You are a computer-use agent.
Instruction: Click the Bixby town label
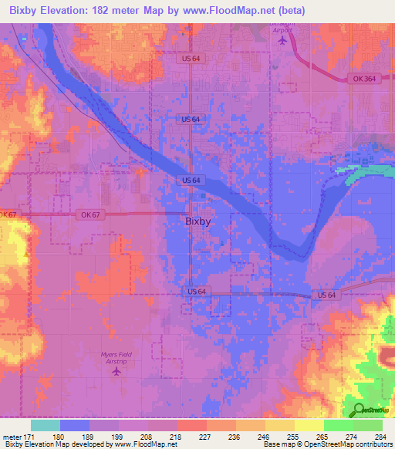tap(198, 221)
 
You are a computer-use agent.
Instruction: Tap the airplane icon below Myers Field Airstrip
tap(116, 372)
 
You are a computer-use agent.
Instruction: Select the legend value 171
tap(31, 437)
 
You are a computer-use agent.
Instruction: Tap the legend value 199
tap(119, 437)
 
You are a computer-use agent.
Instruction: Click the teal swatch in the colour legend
tap(46, 425)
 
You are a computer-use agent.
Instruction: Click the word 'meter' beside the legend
tap(12, 437)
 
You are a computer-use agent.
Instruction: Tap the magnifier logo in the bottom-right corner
tap(359, 410)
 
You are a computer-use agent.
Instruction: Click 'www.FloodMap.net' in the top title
tap(238, 11)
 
